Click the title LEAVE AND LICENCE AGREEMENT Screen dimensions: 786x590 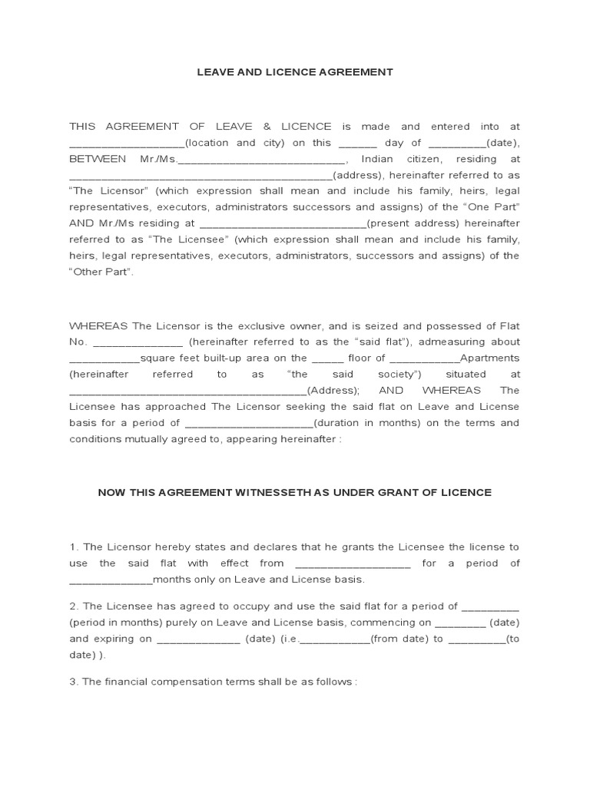[294, 72]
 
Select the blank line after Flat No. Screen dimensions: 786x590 [138, 342]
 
